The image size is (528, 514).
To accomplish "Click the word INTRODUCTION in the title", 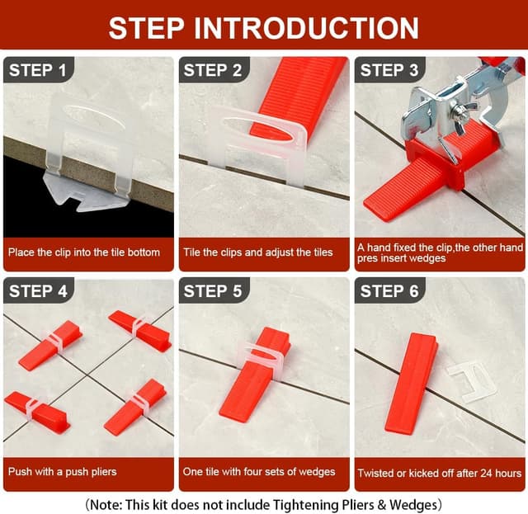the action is coord(306,28).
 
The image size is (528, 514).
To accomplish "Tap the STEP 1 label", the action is coord(38,70).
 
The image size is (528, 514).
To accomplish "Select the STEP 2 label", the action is coord(213,70).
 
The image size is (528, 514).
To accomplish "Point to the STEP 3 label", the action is coord(389,70).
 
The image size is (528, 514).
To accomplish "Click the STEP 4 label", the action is coord(38,291).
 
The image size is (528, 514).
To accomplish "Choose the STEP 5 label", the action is coord(213,291).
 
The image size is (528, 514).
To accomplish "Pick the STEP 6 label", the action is coord(389,291).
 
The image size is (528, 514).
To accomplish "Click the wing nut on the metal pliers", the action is coord(464,111).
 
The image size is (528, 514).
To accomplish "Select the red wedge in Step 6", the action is coord(412,384).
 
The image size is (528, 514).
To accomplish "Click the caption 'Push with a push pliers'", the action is coord(63,472).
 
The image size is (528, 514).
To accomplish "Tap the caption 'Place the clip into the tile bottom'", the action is coord(84,252).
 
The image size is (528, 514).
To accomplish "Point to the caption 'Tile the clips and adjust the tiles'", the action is coord(258,252).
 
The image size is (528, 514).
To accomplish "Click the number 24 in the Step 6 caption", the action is coord(487,473).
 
